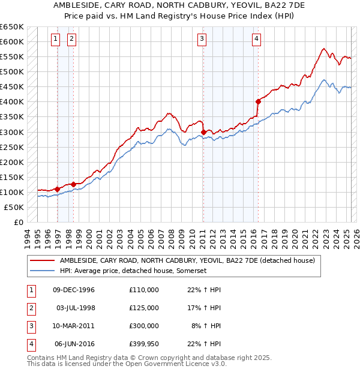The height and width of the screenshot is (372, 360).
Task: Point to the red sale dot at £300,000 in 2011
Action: pyautogui.click(x=203, y=131)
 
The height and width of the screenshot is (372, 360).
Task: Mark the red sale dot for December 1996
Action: pyautogui.click(x=58, y=189)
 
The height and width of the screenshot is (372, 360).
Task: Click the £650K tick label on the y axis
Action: pyautogui.click(x=11, y=27)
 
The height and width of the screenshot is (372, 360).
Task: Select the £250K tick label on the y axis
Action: pyautogui.click(x=11, y=147)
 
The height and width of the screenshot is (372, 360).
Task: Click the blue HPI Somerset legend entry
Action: pyautogui.click(x=133, y=271)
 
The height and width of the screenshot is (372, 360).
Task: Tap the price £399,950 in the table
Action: pyautogui.click(x=144, y=344)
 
